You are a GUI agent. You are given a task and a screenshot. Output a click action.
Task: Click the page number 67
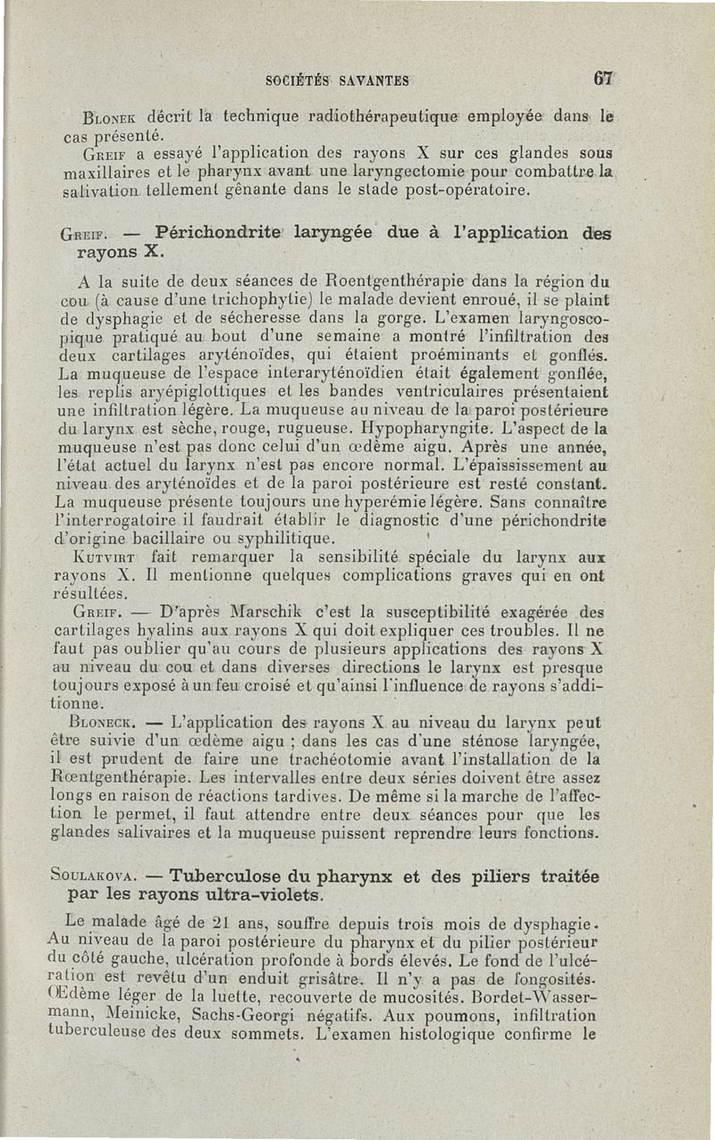605,79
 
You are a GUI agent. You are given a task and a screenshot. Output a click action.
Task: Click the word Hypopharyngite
397,427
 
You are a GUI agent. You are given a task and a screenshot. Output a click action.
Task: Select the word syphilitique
286,539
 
